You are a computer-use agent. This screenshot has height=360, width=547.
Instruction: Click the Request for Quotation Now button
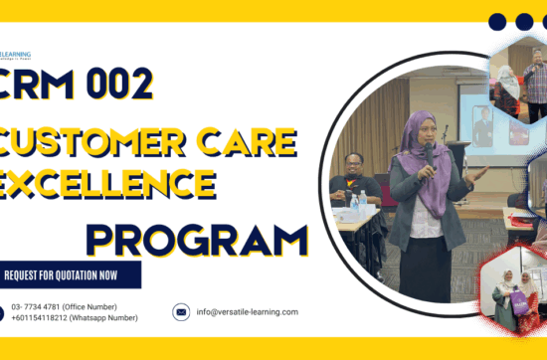70,274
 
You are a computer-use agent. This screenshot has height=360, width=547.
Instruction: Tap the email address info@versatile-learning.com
247,311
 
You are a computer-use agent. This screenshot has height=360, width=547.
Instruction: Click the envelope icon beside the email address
181,311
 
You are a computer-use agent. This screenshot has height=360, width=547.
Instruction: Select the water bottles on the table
359,203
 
